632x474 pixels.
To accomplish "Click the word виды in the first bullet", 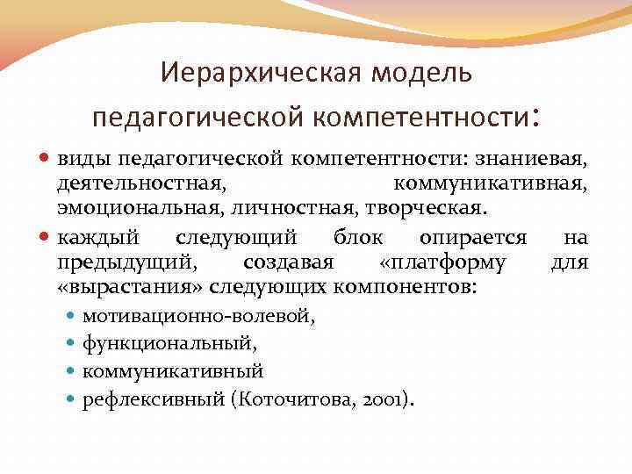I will [80, 158].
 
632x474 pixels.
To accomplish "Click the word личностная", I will [285, 209].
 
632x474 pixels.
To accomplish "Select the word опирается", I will [473, 237].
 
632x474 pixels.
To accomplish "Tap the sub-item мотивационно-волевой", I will [199, 318].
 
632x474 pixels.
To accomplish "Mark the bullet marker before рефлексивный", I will [72, 399].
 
